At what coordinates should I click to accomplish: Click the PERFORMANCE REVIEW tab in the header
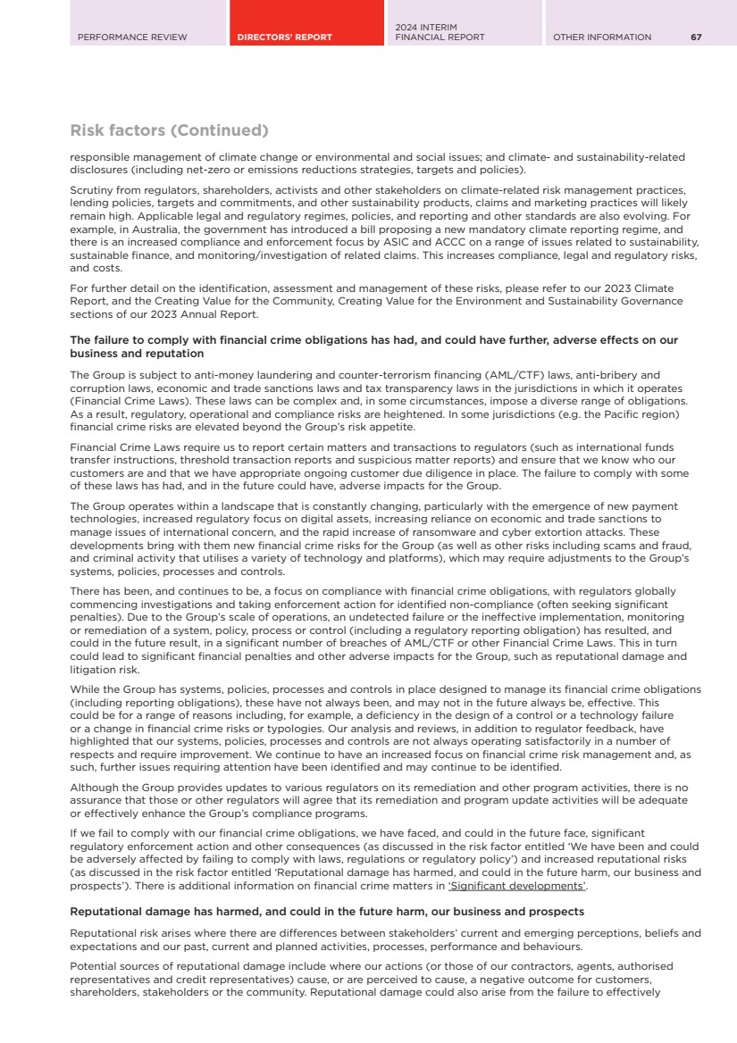132,38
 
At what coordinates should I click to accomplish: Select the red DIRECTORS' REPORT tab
285,38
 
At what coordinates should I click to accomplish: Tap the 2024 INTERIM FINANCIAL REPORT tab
440,33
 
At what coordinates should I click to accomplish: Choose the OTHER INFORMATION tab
602,38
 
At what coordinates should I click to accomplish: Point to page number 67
696,38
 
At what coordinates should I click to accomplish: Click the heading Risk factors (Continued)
169,131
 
